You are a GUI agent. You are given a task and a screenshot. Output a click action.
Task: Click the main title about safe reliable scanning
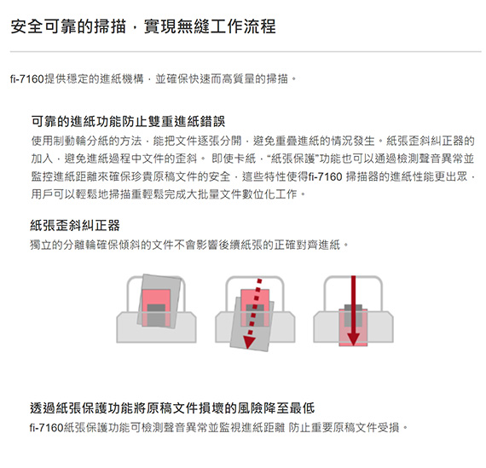143,26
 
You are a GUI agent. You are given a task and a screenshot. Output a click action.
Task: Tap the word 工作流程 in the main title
242,26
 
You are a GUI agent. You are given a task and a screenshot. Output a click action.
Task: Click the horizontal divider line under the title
246,51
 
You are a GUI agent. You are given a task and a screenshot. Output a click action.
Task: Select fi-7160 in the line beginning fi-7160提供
27,79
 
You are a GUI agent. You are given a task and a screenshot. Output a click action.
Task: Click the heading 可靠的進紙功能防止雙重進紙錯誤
128,121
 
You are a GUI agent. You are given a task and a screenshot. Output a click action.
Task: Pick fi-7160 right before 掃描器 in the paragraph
326,176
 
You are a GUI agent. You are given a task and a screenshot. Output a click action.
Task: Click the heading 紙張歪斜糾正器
75,225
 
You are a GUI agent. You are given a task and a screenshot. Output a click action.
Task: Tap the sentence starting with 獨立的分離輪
189,246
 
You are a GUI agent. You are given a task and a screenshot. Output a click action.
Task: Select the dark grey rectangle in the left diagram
156,315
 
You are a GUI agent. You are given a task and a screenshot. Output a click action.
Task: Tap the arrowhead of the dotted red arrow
249,342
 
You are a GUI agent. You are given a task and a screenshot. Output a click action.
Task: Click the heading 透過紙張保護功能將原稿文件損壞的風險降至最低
172,407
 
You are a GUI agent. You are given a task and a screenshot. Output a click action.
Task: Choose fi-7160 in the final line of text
47,428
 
